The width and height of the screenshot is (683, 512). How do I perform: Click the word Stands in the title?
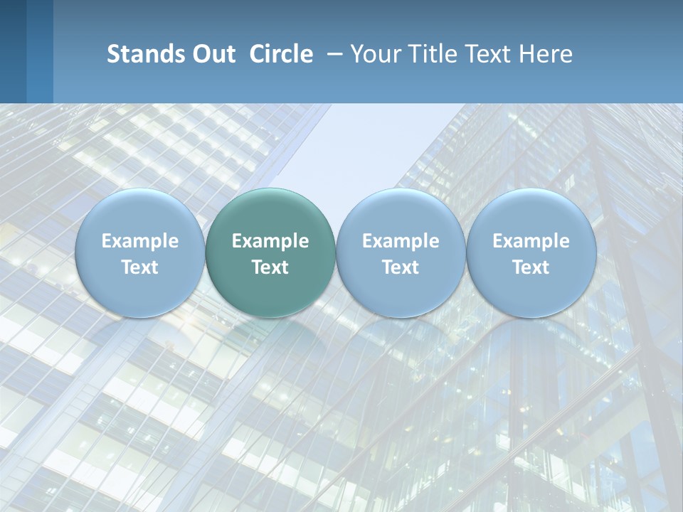point(144,54)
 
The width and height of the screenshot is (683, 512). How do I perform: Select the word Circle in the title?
point(281,54)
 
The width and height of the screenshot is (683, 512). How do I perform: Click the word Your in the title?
point(374,54)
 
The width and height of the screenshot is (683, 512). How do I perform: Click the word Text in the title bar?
point(490,54)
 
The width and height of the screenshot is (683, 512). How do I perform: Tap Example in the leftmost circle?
point(140,241)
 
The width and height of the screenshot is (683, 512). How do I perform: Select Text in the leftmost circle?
point(140,267)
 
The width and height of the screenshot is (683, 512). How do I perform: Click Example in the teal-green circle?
point(270,241)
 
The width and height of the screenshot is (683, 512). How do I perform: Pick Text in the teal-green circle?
point(270,267)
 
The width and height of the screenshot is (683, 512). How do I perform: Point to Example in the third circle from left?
point(401,241)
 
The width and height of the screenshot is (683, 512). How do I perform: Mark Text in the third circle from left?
point(401,267)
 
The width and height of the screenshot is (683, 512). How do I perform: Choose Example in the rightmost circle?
point(531,241)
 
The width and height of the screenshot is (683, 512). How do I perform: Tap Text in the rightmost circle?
point(531,267)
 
